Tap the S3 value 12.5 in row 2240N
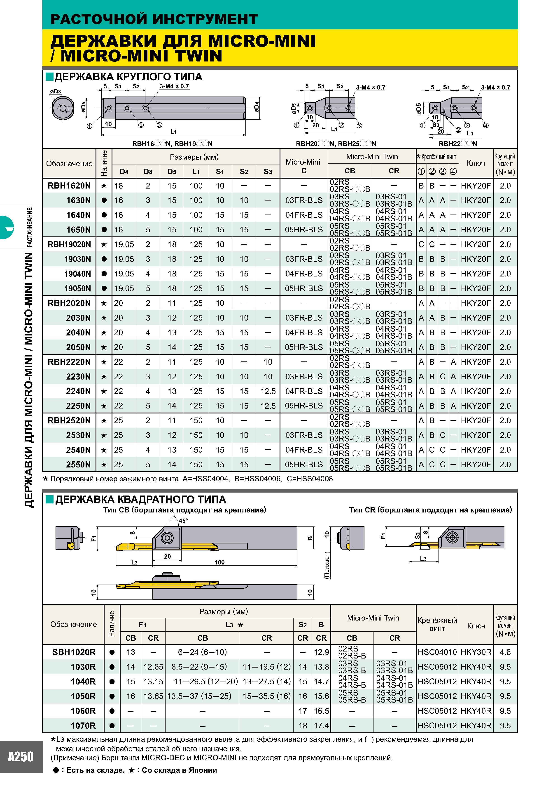click(x=268, y=391)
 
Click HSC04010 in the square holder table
click(x=437, y=652)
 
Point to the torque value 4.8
click(x=505, y=652)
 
